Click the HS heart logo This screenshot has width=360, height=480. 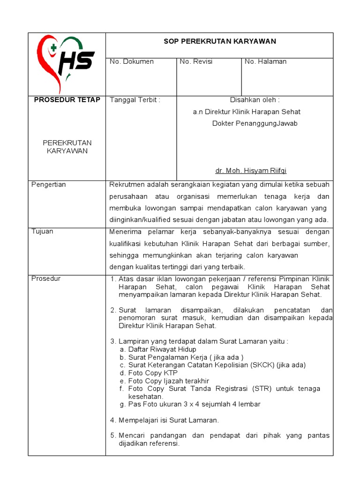(x=66, y=64)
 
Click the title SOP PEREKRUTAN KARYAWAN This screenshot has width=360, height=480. (x=219, y=41)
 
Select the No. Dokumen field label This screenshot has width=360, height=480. (x=131, y=61)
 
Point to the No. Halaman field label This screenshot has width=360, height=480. (x=266, y=61)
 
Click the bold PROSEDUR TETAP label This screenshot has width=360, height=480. (x=67, y=100)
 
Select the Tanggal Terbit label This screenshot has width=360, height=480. (x=135, y=100)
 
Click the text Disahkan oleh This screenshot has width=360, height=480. (x=255, y=100)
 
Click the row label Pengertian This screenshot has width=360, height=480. (x=49, y=185)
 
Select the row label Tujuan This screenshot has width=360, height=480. (x=42, y=232)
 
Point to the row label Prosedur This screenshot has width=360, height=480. (x=46, y=278)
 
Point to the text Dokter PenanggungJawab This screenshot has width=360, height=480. (x=255, y=124)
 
